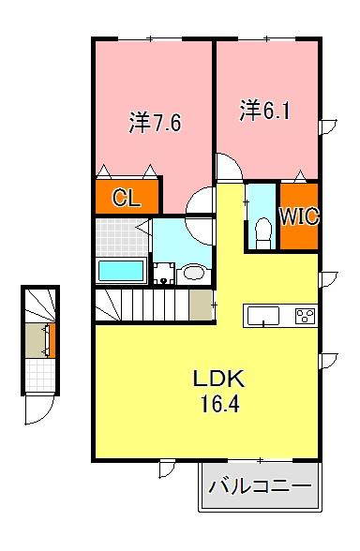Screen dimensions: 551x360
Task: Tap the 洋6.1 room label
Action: tap(264, 112)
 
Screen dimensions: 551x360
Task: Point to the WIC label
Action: tap(299, 217)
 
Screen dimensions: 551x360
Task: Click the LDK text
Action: tap(218, 380)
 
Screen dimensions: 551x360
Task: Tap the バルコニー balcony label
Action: tap(259, 487)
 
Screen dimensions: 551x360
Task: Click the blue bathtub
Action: tap(121, 272)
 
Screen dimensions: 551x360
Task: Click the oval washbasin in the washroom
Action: tap(195, 273)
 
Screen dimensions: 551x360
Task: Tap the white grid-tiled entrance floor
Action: tap(40, 375)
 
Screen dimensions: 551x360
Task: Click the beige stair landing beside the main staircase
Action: tap(201, 305)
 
